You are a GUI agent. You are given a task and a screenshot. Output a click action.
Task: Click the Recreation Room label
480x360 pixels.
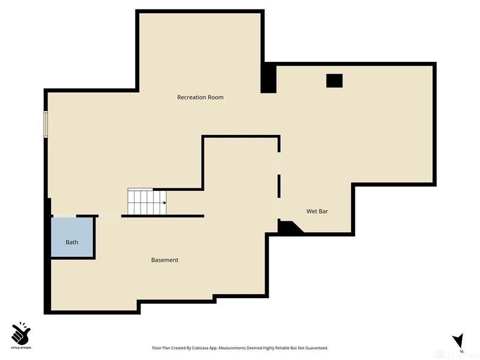coord(200,97)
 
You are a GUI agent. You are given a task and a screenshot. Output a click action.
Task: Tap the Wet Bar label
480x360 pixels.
coord(317,211)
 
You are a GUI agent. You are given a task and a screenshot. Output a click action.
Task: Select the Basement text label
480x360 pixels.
coord(164,260)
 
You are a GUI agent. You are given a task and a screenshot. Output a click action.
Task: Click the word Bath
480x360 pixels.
coord(71,242)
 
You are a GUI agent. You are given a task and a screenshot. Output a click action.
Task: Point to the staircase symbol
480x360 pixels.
coord(146,202)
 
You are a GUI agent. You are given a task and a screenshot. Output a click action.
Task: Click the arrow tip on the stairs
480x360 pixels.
coord(164,203)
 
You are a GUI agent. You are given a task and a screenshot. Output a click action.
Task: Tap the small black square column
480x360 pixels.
coord(334,80)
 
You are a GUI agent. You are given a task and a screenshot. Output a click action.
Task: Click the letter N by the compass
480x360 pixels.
coord(462,352)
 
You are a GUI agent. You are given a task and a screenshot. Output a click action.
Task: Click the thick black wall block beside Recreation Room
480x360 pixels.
coord(268,79)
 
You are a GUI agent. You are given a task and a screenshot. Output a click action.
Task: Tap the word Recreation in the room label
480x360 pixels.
coord(191,97)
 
